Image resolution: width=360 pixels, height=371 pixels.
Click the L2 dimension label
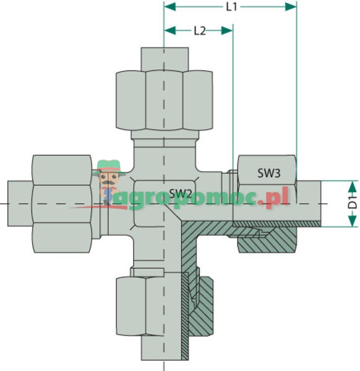tap(199, 30)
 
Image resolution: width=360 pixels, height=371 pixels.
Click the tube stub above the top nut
tap(164, 58)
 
